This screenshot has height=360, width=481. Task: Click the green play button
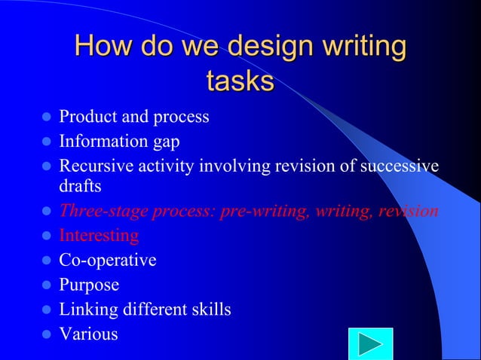[x=369, y=345]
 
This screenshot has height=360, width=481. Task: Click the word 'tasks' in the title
[x=240, y=81]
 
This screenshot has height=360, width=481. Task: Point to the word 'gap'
[x=165, y=141]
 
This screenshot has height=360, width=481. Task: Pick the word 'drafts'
[x=81, y=185]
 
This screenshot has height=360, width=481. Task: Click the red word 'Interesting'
[x=99, y=236]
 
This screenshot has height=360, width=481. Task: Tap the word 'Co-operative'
[x=108, y=261]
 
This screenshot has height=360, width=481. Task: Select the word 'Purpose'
[x=89, y=285]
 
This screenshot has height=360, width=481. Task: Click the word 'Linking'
[x=87, y=310]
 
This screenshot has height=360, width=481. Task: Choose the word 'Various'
[x=88, y=334]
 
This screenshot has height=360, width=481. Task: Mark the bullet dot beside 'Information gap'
[x=46, y=142]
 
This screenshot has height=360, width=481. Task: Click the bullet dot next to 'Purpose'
[x=46, y=286]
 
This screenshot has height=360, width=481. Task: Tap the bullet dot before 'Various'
[x=46, y=334]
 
